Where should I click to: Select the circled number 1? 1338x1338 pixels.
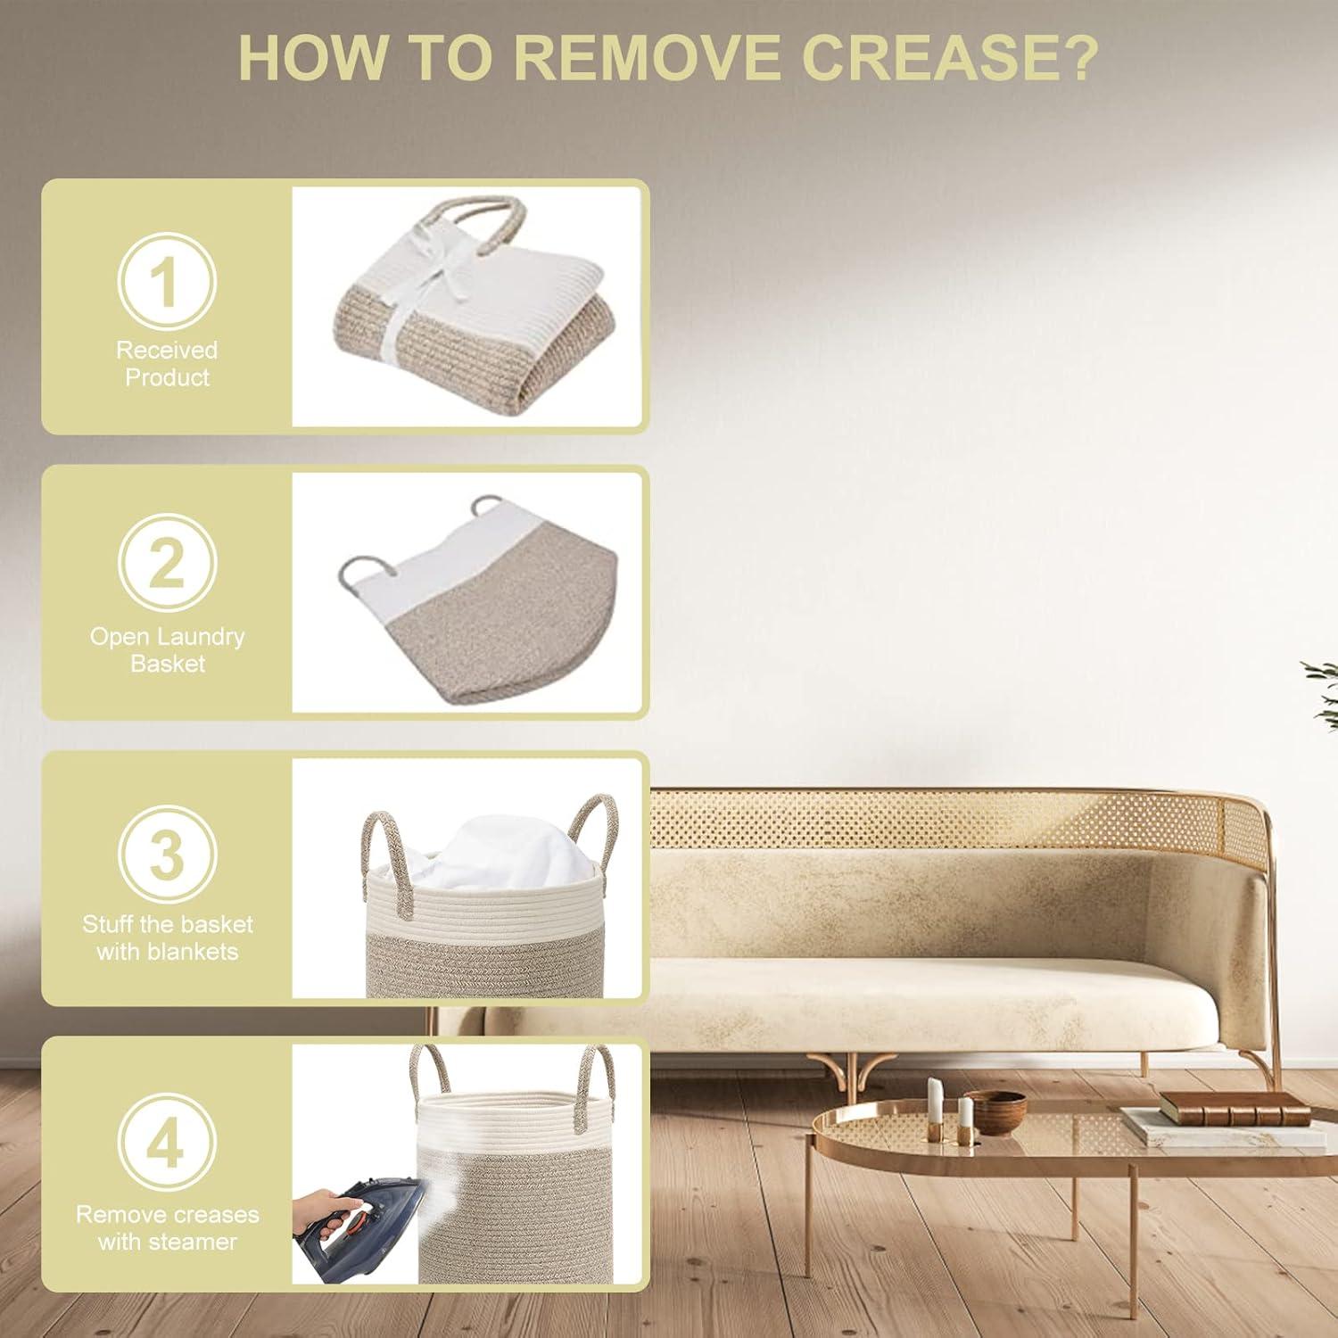click(167, 281)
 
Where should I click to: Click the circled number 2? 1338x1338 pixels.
click(167, 563)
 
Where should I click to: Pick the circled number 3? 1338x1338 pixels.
click(167, 854)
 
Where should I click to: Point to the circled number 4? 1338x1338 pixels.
click(167, 1143)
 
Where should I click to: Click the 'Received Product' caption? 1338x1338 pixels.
click(167, 363)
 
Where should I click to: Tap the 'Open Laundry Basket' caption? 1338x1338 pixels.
click(167, 649)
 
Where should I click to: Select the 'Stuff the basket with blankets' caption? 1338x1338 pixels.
click(167, 937)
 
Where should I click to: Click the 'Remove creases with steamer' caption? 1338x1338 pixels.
click(167, 1227)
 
